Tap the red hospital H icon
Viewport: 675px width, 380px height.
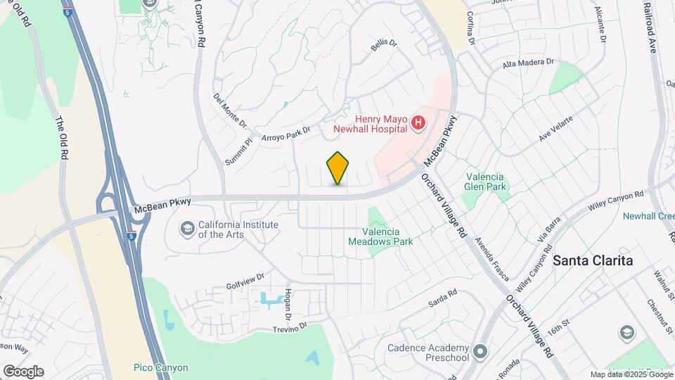click(418, 124)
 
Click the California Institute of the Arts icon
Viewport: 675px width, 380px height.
click(188, 228)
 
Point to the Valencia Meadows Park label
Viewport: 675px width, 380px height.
click(380, 236)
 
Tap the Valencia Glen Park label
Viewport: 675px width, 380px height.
click(485, 182)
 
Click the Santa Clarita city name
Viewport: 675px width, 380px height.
click(593, 260)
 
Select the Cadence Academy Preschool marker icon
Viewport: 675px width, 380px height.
click(480, 350)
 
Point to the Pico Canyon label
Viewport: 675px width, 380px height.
click(161, 367)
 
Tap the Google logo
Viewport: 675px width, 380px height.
click(23, 372)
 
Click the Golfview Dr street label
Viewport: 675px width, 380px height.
click(245, 281)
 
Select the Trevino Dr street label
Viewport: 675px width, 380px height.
click(290, 328)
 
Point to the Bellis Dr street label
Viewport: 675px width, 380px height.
click(384, 46)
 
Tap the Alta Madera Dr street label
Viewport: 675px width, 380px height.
click(529, 64)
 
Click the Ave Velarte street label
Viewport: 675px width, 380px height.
click(556, 127)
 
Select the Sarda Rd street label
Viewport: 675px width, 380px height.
click(443, 298)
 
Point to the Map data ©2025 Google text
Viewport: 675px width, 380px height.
click(631, 374)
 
